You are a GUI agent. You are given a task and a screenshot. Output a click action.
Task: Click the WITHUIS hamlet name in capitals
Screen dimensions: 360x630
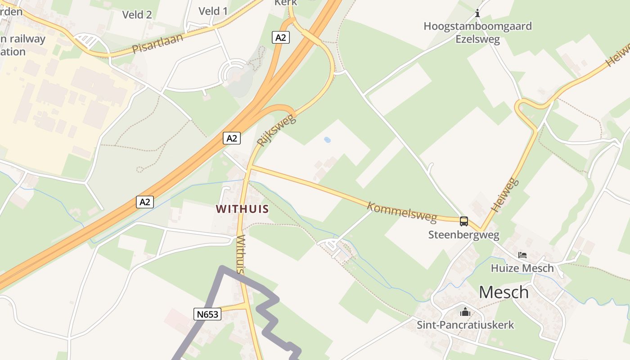242,209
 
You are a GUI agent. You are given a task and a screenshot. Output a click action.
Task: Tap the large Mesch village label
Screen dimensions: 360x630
504,292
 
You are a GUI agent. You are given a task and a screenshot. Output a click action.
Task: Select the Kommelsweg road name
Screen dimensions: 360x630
402,212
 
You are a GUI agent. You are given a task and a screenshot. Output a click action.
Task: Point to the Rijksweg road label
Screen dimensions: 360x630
276,130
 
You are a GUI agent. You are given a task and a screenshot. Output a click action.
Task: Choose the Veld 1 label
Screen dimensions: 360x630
213,11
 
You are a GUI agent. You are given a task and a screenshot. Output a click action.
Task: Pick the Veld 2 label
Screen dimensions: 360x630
137,14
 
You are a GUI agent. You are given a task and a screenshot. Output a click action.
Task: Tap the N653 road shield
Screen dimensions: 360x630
208,314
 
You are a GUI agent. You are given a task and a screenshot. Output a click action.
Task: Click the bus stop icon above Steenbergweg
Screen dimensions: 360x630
463,221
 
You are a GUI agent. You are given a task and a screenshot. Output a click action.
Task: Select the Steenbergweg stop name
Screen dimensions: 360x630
463,234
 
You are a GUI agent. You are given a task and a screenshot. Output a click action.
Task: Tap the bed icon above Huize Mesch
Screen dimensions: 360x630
522,255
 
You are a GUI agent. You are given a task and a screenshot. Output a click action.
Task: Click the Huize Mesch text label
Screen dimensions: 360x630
522,268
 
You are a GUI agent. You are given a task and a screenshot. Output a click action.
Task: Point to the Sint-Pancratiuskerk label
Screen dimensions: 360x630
465,324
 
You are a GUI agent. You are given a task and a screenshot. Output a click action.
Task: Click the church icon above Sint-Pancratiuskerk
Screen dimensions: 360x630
465,311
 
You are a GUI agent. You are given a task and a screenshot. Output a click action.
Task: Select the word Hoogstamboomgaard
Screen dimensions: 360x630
477,26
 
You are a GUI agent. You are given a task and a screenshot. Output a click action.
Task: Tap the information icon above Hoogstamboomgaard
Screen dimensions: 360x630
477,13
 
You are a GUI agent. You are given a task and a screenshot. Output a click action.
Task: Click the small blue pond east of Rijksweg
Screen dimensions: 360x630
327,140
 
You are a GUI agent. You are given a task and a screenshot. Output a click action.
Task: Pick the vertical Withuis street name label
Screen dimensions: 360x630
241,254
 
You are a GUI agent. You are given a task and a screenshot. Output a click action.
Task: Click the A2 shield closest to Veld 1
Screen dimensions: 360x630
280,37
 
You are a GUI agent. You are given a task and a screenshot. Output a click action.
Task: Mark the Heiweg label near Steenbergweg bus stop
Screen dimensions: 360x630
505,195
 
